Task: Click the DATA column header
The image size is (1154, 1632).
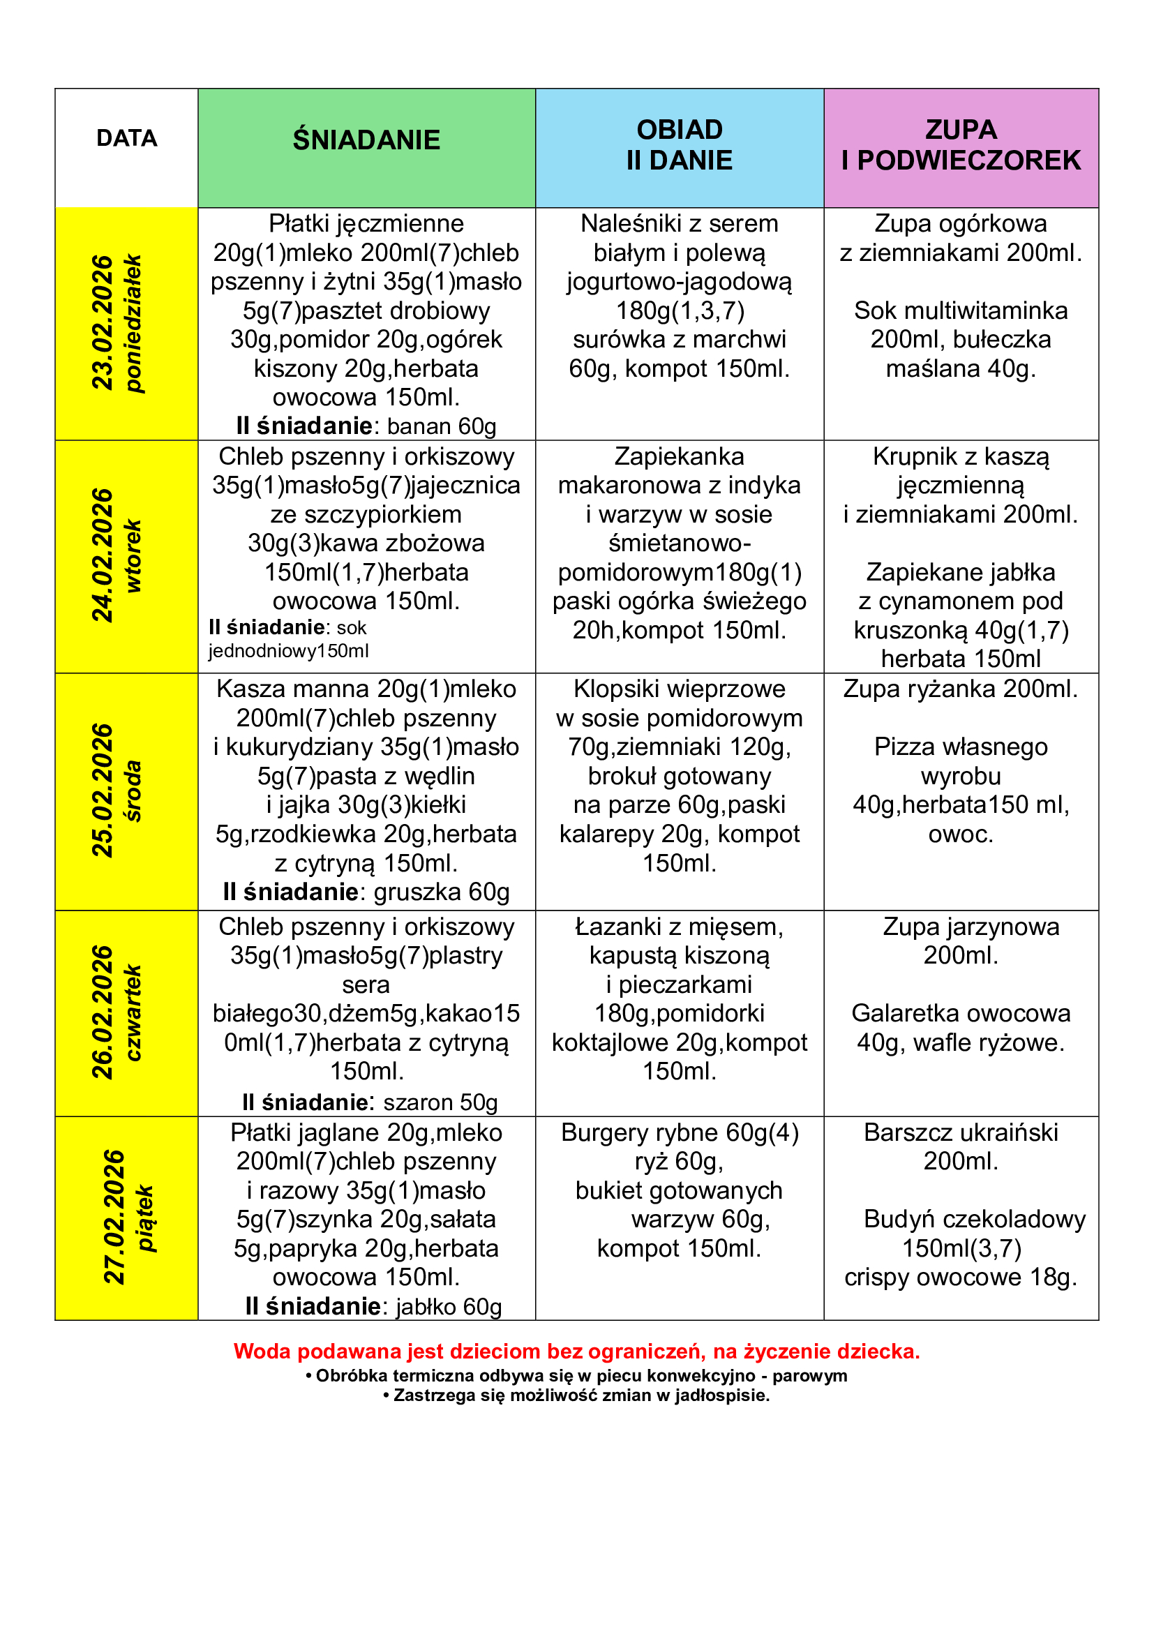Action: (126, 138)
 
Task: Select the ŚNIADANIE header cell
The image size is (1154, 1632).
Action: (366, 140)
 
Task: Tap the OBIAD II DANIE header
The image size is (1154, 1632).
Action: (680, 145)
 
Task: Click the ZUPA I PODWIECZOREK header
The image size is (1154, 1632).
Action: (961, 145)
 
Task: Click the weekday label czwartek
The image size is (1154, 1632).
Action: (133, 1012)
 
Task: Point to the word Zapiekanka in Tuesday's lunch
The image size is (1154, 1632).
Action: (680, 456)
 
